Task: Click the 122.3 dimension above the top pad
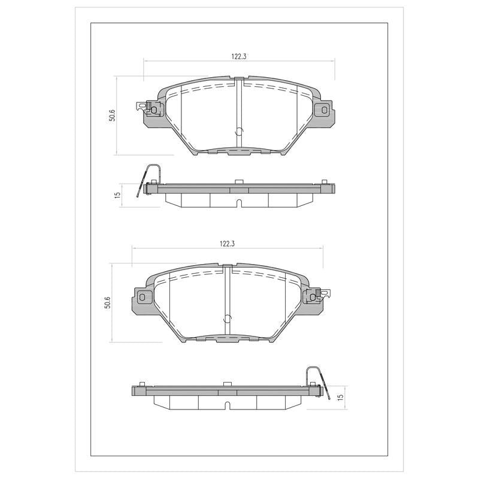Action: [x=239, y=56]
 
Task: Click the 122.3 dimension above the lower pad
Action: [x=227, y=244]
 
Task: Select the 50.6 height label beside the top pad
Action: [x=112, y=115]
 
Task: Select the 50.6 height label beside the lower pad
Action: [x=107, y=302]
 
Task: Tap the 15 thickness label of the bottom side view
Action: [x=341, y=397]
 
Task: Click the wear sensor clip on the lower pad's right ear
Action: [x=320, y=295]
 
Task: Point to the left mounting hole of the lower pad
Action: [x=142, y=296]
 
